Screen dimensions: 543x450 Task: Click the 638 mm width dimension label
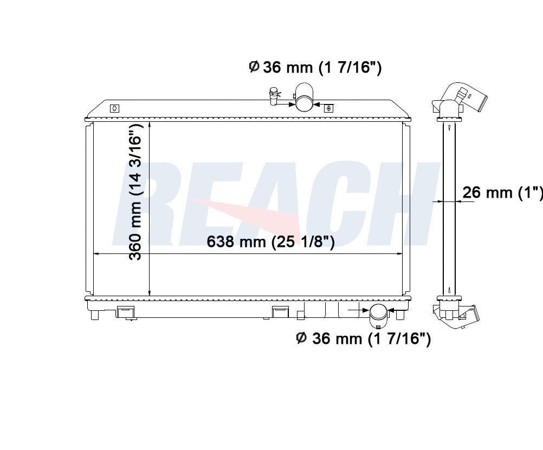270,242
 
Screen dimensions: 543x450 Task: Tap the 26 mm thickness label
503,192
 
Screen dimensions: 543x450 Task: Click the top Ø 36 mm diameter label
315,67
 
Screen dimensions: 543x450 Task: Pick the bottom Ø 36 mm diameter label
364,338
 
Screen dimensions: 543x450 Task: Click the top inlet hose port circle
304,103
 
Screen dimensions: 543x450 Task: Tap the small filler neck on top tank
274,96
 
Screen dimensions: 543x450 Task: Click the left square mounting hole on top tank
115,108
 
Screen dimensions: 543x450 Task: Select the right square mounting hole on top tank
328,108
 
